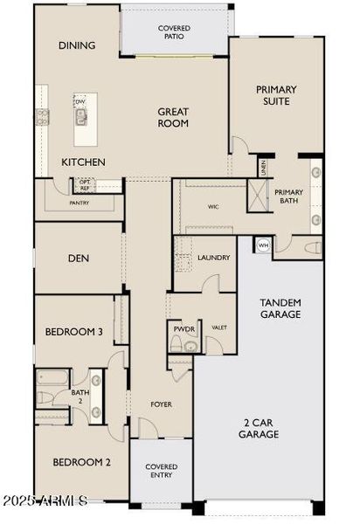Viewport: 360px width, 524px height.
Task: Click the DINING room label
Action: pyautogui.click(x=76, y=45)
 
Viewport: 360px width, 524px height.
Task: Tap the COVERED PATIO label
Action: pyautogui.click(x=174, y=33)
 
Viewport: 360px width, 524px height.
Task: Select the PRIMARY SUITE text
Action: pyautogui.click(x=276, y=95)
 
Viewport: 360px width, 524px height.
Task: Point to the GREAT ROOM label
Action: pyautogui.click(x=174, y=118)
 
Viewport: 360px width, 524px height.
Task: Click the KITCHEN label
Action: pyautogui.click(x=83, y=162)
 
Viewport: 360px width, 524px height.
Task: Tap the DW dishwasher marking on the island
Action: pyautogui.click(x=80, y=101)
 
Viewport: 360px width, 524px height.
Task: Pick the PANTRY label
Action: pyautogui.click(x=80, y=203)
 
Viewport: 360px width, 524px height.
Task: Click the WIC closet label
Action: pyautogui.click(x=212, y=208)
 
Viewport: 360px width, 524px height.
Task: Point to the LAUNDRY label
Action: pyautogui.click(x=213, y=258)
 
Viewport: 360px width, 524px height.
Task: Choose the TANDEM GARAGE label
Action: pyautogui.click(x=280, y=308)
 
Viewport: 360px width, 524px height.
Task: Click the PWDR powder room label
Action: pyautogui.click(x=183, y=328)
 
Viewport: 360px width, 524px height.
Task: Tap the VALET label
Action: pyautogui.click(x=218, y=328)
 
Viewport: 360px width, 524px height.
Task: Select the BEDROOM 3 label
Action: pyautogui.click(x=75, y=332)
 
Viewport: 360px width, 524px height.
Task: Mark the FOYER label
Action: pyautogui.click(x=160, y=405)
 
